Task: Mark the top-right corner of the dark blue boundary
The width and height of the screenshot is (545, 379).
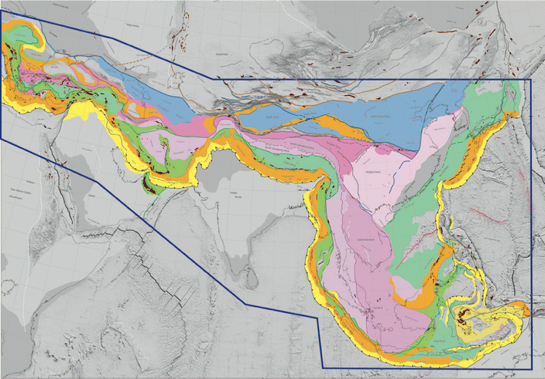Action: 532,79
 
